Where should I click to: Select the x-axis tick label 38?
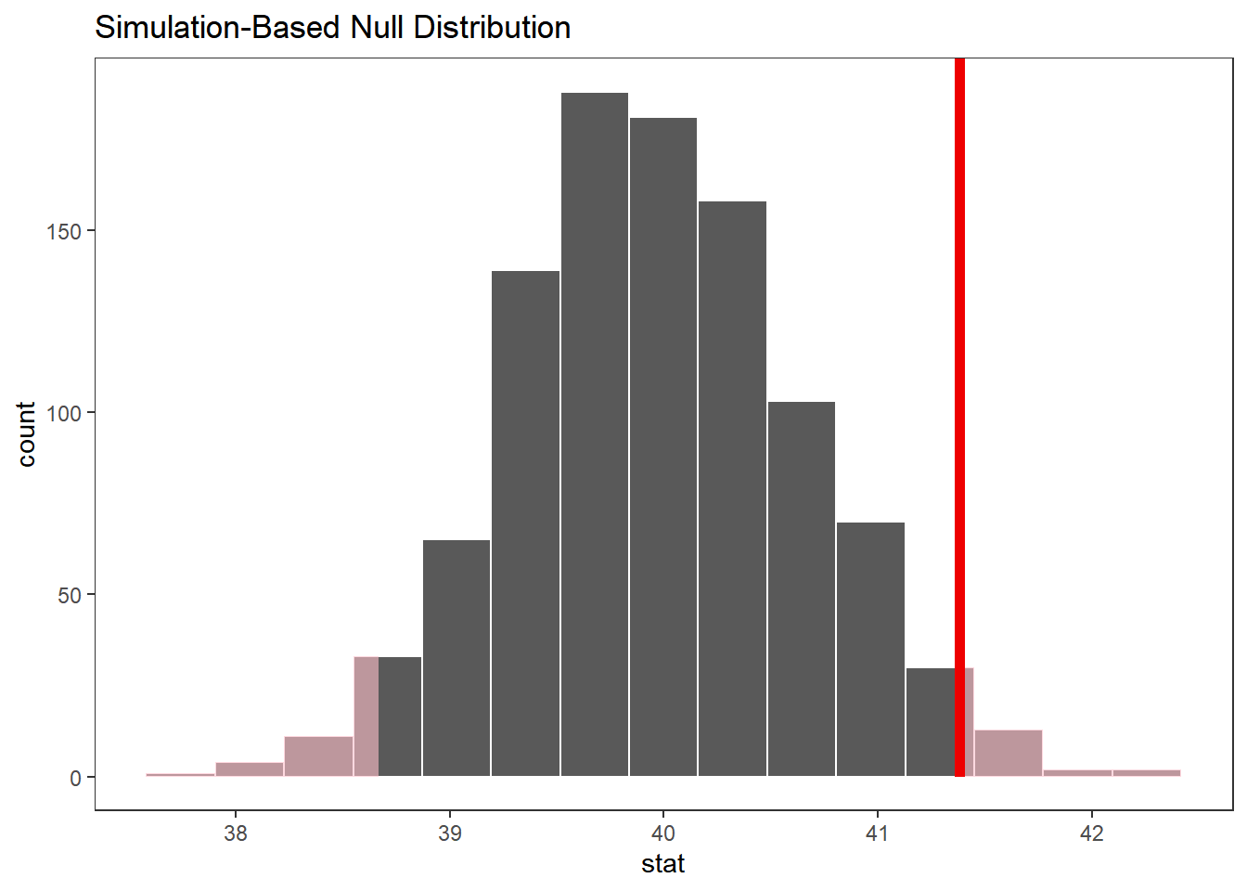(x=236, y=833)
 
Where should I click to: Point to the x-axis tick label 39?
(x=449, y=833)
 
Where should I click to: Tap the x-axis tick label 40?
(x=662, y=833)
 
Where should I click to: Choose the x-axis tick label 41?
(x=877, y=833)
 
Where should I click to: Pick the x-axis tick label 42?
(x=1091, y=833)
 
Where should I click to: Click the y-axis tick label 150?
(x=64, y=231)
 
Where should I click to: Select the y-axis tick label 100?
(x=64, y=413)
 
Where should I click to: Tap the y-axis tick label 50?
(x=70, y=596)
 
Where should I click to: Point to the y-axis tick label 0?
(x=75, y=779)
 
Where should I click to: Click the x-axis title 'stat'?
(x=662, y=864)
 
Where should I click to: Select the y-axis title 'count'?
(x=26, y=434)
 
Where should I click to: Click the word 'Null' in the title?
(x=377, y=28)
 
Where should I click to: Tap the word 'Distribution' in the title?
(x=492, y=28)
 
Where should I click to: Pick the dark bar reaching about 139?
(x=525, y=523)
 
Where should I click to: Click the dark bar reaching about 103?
(x=802, y=589)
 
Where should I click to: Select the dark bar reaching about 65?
(x=456, y=658)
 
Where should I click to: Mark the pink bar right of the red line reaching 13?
(x=1008, y=754)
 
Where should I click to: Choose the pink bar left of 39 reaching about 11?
(x=318, y=756)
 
